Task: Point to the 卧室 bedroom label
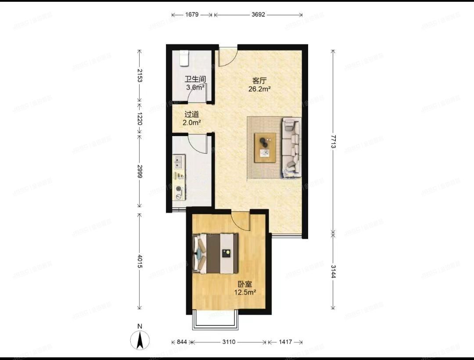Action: pos(245,284)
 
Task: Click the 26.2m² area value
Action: pos(260,89)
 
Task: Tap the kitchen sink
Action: pos(179,162)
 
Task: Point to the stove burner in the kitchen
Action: pos(179,190)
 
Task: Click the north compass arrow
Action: pos(140,339)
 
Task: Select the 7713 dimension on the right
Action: pos(333,140)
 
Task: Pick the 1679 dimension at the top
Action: pos(192,14)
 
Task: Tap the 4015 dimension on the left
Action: pos(140,262)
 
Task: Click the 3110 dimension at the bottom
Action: pos(229,342)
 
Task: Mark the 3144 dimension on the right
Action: pos(333,271)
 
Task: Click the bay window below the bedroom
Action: pos(215,320)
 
